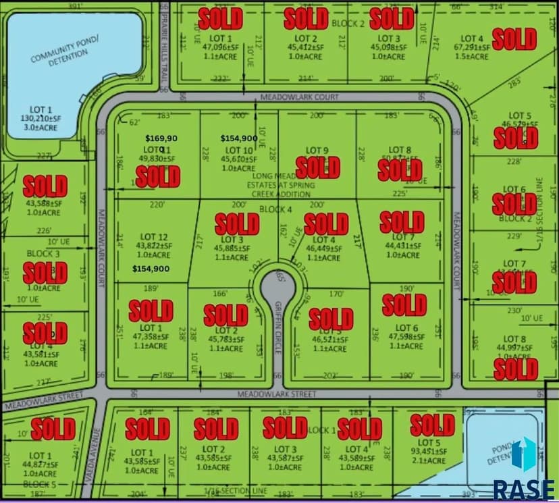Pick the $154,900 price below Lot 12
pos(151,269)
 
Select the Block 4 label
pos(275,209)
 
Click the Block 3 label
pos(43,253)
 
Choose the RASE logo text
pos(525,487)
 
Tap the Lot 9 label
pos(317,150)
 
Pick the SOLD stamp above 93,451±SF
pos(432,425)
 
